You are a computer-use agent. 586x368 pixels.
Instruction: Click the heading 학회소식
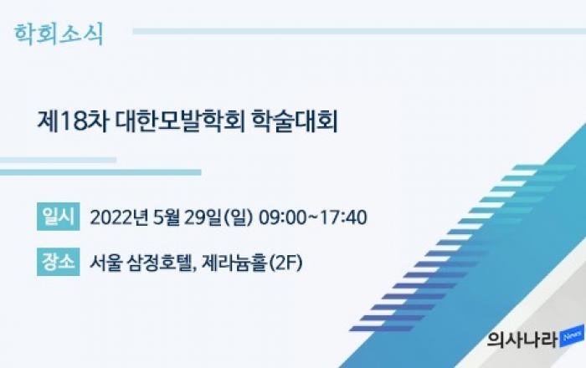tap(59, 34)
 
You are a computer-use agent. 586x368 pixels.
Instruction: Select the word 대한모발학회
tap(180, 121)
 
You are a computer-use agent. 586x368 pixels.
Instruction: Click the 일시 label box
tap(59, 217)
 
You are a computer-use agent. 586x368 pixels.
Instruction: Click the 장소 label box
tap(59, 262)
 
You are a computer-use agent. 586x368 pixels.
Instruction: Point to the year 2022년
tap(119, 217)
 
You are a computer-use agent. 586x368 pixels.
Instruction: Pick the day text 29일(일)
tap(218, 217)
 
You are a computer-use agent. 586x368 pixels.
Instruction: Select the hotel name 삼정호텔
tap(162, 263)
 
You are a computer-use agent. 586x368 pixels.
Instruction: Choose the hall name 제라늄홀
tap(234, 263)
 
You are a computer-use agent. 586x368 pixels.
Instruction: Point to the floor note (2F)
tap(286, 263)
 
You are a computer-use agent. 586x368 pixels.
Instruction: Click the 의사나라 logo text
tap(522, 340)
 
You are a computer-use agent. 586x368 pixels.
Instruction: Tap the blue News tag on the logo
tap(572, 336)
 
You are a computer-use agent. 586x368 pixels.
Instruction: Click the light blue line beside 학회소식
tap(359, 31)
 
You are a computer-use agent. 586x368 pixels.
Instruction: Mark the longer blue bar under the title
tap(100, 172)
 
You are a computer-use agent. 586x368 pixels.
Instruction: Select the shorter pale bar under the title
tap(58, 160)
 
